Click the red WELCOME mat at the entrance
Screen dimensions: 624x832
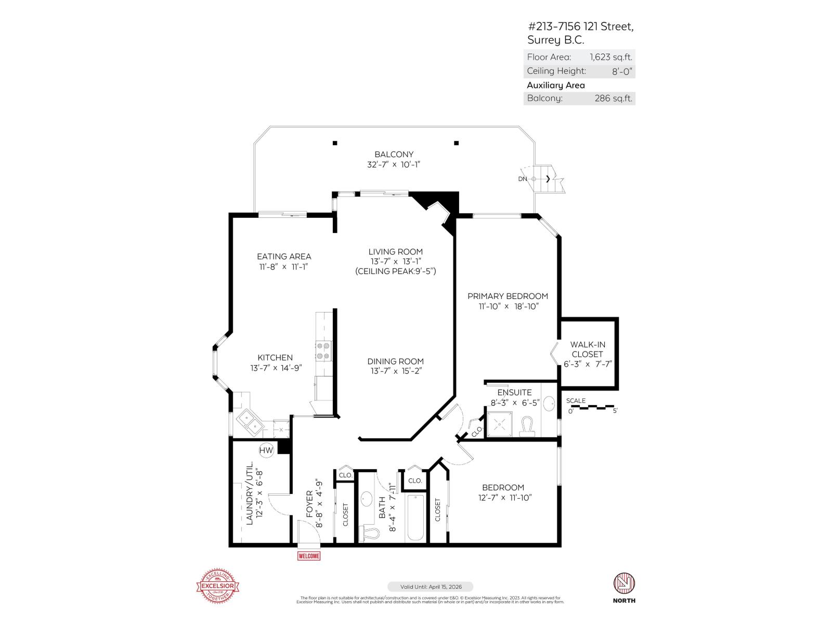[308, 556]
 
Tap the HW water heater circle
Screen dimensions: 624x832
[266, 450]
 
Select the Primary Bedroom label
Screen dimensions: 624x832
[508, 296]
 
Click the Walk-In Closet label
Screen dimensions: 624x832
[588, 349]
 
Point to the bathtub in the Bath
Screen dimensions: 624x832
[415, 518]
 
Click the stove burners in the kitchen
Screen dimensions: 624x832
[323, 351]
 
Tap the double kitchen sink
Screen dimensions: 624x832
[249, 422]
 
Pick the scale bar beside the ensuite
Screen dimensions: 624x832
[593, 407]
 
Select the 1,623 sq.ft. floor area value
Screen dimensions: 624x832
[610, 57]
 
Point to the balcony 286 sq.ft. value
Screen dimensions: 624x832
[613, 98]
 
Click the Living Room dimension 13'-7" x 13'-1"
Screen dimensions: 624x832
[395, 262]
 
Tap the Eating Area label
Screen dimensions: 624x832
[284, 256]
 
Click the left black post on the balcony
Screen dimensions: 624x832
[335, 143]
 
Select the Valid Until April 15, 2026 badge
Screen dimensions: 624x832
[430, 587]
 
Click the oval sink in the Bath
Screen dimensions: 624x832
[367, 498]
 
